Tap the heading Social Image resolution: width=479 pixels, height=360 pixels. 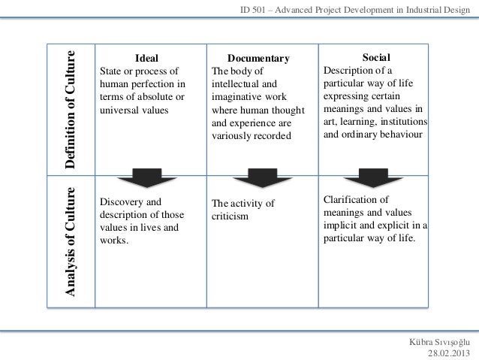point(375,57)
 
